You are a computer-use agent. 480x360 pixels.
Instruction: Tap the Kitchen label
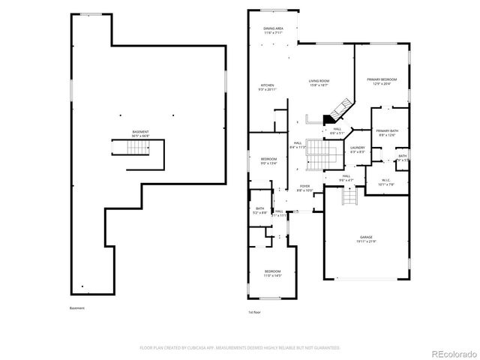(x=267, y=87)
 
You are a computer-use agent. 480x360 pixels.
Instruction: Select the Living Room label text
(x=319, y=82)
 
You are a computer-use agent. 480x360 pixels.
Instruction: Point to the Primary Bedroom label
(x=382, y=82)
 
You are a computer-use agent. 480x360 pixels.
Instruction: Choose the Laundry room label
(x=358, y=149)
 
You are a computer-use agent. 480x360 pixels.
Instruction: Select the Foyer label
(x=305, y=188)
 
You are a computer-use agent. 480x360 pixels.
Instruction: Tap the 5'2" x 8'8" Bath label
(x=259, y=211)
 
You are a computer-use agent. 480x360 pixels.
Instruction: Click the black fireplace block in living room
(x=328, y=118)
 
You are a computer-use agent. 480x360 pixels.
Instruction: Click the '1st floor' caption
(x=255, y=312)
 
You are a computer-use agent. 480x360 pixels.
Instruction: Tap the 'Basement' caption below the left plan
(x=77, y=308)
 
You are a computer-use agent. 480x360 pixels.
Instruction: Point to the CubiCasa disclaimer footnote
(x=240, y=348)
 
